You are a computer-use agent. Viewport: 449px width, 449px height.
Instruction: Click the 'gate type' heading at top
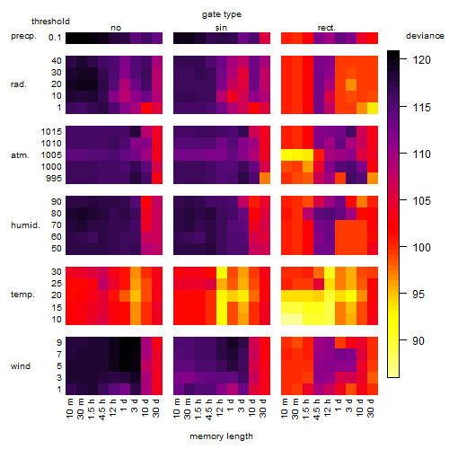(x=222, y=14)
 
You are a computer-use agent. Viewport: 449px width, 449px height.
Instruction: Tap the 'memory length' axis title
(x=221, y=436)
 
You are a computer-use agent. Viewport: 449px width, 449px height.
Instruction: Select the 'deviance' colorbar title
(x=425, y=36)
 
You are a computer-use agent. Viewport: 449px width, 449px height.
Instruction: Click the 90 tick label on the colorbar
(x=418, y=340)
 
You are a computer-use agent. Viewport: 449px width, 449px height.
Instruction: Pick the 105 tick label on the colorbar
(x=421, y=200)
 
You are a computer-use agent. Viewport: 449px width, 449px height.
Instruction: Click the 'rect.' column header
(x=327, y=28)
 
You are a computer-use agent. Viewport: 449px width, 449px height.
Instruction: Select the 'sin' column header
(x=221, y=28)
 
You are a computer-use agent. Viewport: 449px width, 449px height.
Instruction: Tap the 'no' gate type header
(x=116, y=28)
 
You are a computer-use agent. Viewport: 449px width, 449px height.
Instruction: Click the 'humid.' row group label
(x=25, y=225)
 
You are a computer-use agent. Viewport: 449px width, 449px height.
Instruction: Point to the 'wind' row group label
(x=21, y=366)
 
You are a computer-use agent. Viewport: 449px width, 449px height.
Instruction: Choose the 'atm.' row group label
(x=20, y=155)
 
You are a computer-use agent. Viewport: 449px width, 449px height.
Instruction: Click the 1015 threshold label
(x=51, y=131)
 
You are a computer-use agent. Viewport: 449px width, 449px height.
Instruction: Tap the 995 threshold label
(x=54, y=179)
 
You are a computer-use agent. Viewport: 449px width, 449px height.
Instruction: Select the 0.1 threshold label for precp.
(x=55, y=38)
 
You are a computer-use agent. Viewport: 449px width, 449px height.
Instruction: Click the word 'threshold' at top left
(x=50, y=22)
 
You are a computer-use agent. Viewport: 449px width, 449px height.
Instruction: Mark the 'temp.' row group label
(x=22, y=295)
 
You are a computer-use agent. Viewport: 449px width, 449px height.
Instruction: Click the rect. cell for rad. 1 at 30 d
(x=373, y=108)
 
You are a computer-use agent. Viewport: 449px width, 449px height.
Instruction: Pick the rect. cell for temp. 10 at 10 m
(x=286, y=319)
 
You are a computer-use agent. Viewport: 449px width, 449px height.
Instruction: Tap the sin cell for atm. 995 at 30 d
(x=265, y=178)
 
